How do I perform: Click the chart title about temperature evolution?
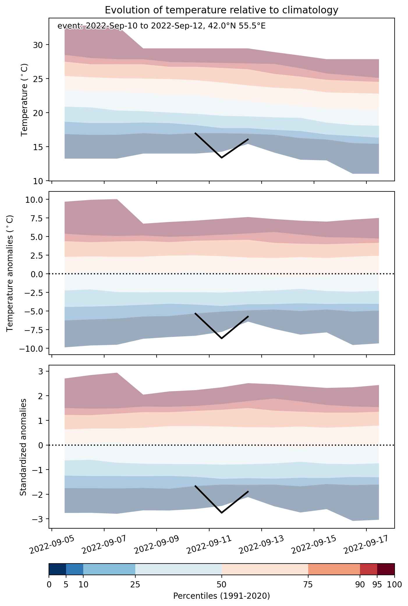click(x=221, y=10)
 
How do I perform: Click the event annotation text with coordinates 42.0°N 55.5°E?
click(x=162, y=26)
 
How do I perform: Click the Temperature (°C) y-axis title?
click(x=24, y=99)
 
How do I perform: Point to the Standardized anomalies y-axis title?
click(x=23, y=447)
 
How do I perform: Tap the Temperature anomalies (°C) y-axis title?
click(x=10, y=273)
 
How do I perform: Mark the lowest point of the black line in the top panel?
click(x=221, y=158)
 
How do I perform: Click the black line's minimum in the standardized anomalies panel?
click(x=221, y=513)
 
